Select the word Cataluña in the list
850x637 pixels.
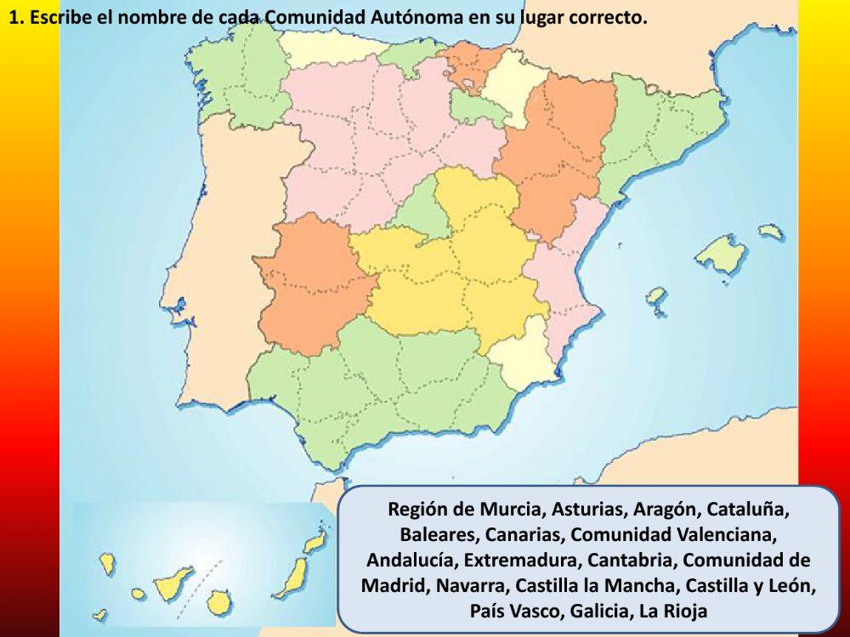tap(749, 510)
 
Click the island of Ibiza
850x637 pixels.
tap(655, 297)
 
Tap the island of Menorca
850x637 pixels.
tap(770, 231)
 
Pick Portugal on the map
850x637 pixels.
tap(212, 255)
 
